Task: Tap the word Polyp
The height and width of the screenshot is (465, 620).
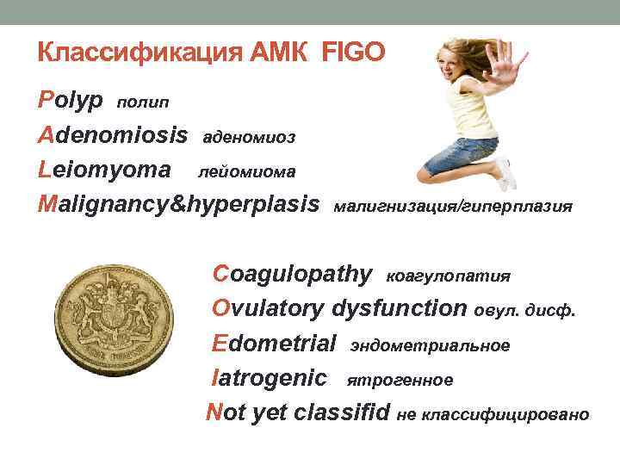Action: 71,101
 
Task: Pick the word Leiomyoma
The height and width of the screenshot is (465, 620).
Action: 104,170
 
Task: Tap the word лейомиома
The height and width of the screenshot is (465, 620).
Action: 247,172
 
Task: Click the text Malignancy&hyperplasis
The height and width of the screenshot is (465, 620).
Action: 178,205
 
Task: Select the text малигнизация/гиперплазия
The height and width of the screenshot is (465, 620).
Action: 452,207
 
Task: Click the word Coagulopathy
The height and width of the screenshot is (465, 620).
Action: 293,274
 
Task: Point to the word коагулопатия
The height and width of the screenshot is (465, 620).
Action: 449,276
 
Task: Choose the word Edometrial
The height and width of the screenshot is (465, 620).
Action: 274,344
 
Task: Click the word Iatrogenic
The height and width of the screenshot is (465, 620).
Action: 270,377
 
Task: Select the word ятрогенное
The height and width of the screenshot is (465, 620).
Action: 400,379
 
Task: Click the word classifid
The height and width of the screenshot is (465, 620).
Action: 342,412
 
